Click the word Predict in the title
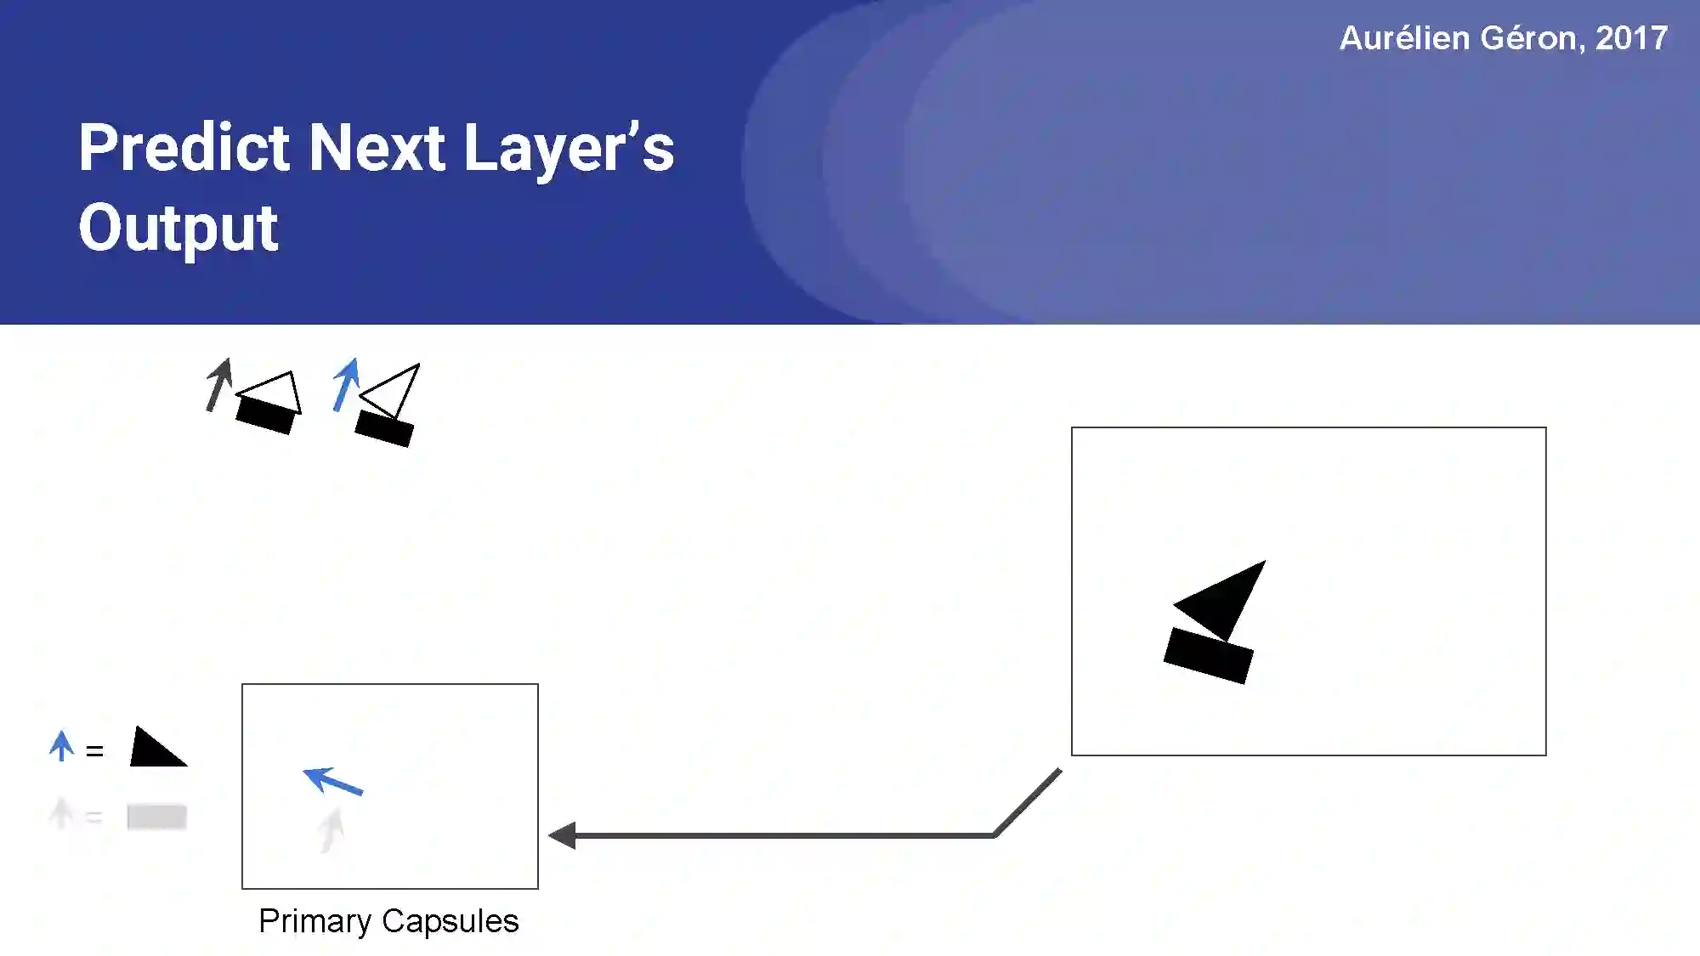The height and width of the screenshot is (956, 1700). [x=184, y=148]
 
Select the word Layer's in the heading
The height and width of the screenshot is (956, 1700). [x=569, y=148]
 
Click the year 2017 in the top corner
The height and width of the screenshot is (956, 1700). [x=1631, y=38]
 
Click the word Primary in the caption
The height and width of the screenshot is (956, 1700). [x=314, y=921]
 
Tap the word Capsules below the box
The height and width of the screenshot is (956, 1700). [x=450, y=921]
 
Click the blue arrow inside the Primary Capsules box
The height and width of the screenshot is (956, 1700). [x=332, y=780]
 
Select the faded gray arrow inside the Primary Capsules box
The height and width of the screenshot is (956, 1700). [x=331, y=829]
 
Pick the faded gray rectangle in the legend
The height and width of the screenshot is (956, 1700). [x=156, y=817]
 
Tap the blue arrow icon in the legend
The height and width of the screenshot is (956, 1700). [x=61, y=745]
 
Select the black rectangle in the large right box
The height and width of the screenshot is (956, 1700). [x=1208, y=655]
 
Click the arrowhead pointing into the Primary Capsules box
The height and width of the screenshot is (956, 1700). [x=564, y=835]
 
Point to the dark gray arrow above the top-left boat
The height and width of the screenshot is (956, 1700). [x=219, y=384]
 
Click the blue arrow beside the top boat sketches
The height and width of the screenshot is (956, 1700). [x=346, y=384]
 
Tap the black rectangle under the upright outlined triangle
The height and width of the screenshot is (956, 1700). [x=266, y=415]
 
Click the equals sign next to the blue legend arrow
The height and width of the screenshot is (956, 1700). [x=94, y=751]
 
